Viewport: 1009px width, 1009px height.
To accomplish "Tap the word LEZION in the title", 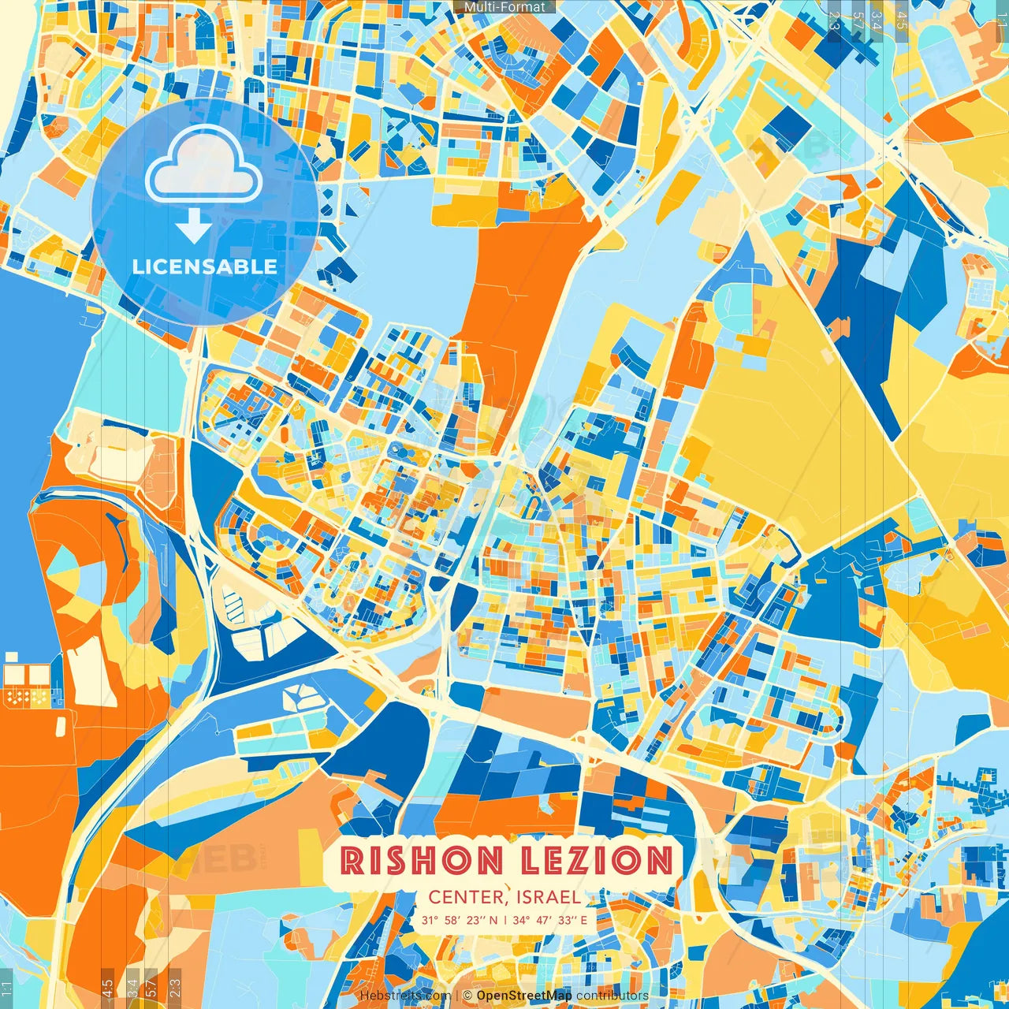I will (x=591, y=860).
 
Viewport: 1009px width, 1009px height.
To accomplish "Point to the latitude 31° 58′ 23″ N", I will (x=459, y=920).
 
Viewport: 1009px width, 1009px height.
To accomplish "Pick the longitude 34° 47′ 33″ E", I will (x=550, y=920).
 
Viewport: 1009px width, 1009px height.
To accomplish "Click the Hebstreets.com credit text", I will (x=405, y=996).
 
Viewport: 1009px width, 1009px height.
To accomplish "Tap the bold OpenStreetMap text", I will (x=524, y=996).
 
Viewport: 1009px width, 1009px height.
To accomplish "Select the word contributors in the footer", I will (x=612, y=996).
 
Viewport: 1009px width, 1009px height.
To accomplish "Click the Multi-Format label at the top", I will (x=504, y=6).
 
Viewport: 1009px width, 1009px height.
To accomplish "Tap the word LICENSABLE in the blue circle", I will (x=205, y=266).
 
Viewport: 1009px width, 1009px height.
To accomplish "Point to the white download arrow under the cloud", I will (x=193, y=225).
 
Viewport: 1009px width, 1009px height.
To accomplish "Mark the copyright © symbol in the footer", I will (x=467, y=996).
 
